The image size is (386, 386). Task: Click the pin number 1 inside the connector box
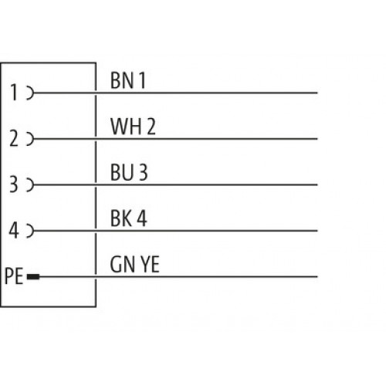pyautogui.click(x=14, y=93)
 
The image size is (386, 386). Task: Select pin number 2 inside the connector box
pyautogui.click(x=14, y=138)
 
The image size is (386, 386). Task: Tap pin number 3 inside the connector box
pyautogui.click(x=14, y=185)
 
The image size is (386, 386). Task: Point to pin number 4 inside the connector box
pyautogui.click(x=14, y=230)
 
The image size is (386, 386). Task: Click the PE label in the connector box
pyautogui.click(x=14, y=276)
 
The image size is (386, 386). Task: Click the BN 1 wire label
pyautogui.click(x=128, y=80)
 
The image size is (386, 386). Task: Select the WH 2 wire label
pyautogui.click(x=133, y=127)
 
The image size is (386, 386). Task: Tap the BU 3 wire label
pyautogui.click(x=129, y=172)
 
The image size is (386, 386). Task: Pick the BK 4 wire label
pyautogui.click(x=128, y=218)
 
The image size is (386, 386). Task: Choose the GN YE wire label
pyautogui.click(x=134, y=264)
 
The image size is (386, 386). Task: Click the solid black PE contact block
pyautogui.click(x=33, y=277)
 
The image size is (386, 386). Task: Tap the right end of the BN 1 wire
pyautogui.click(x=317, y=93)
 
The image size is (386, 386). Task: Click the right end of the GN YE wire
pyautogui.click(x=317, y=277)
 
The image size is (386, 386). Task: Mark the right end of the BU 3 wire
pyautogui.click(x=317, y=185)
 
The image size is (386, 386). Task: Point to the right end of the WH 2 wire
pyautogui.click(x=317, y=139)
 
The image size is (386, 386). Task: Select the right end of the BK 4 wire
pyautogui.click(x=317, y=231)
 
